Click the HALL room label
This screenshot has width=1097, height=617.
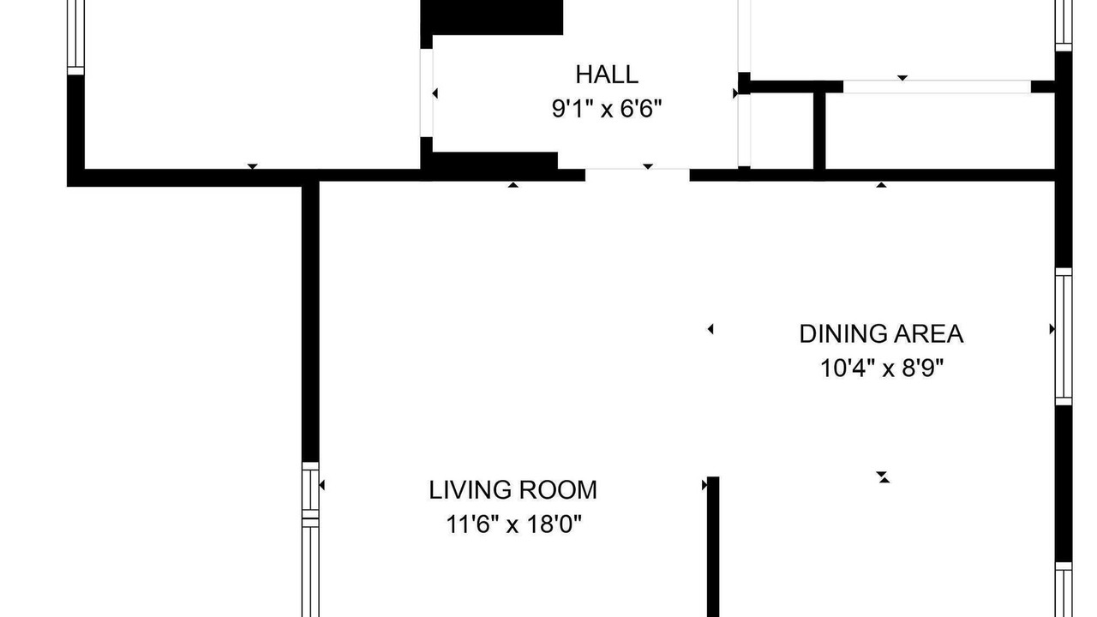click(606, 75)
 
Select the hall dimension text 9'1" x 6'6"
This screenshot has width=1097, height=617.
click(607, 109)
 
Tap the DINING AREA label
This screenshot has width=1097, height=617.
click(882, 334)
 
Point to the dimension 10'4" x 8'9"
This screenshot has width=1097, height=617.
click(882, 368)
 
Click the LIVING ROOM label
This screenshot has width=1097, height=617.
click(513, 490)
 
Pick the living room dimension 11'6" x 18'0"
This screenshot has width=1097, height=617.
click(513, 524)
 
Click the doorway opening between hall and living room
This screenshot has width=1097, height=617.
click(637, 174)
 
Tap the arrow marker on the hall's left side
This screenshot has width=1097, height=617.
click(435, 93)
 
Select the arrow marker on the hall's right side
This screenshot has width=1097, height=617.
click(735, 93)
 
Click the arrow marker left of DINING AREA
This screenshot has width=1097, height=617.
click(710, 329)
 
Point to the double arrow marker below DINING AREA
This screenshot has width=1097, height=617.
click(883, 477)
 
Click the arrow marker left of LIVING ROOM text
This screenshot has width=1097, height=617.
click(321, 485)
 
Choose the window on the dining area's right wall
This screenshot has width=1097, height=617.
click(1064, 337)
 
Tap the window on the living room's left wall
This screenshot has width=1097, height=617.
click(310, 539)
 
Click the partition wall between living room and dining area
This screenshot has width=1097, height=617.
click(713, 547)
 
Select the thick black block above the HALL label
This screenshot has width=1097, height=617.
click(492, 18)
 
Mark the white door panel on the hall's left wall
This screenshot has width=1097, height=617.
click(426, 93)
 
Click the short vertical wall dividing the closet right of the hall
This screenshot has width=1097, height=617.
click(819, 131)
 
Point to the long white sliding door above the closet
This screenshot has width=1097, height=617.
click(937, 87)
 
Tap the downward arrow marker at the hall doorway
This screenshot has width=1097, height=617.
click(648, 166)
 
